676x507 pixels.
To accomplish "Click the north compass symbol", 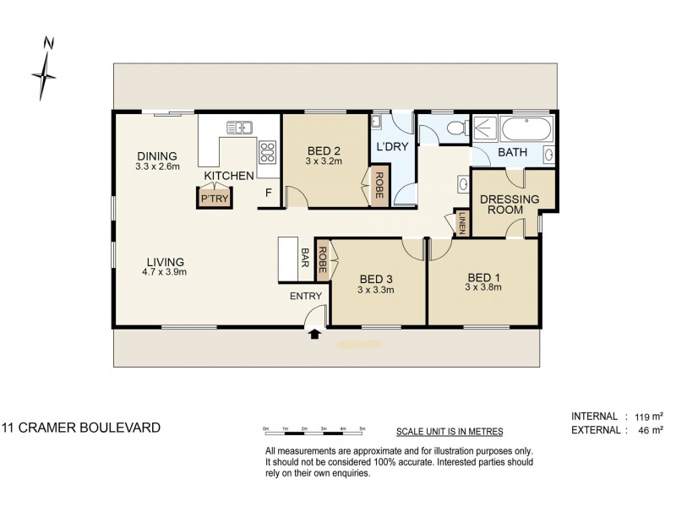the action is tap(45, 74).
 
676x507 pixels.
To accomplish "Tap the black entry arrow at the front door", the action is tap(315, 333).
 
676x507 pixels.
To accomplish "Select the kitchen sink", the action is tap(239, 128).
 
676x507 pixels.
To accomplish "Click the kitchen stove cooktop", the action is tap(267, 152).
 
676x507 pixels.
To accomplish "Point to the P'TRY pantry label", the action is tap(215, 199).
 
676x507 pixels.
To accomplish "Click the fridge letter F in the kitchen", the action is tap(268, 193).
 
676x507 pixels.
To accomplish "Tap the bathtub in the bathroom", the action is tap(526, 128).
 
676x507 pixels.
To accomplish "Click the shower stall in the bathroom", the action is tap(485, 128).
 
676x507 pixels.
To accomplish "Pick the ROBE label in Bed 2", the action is tap(379, 185).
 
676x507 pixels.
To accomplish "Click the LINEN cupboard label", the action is tap(462, 223).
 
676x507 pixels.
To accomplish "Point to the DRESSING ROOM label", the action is tap(510, 204).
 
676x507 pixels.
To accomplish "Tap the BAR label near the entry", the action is tap(305, 257).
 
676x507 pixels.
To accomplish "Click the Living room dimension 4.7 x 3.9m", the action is tap(164, 272).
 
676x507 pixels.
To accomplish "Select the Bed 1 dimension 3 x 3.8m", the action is tap(482, 287).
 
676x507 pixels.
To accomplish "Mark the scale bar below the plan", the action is tap(314, 430).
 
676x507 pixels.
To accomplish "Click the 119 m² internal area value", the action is tap(649, 417).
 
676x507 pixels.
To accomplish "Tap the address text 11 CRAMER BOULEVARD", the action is tap(81, 428).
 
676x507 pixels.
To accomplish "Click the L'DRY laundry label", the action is tap(392, 146).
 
